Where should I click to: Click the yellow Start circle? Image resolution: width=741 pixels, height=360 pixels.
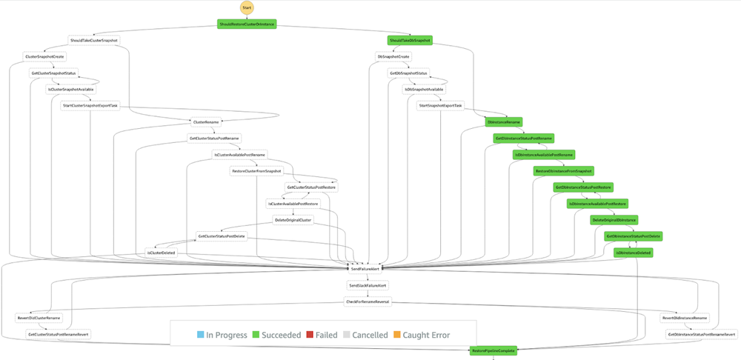pyautogui.click(x=246, y=8)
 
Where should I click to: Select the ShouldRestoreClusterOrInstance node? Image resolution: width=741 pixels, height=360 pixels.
pyautogui.click(x=247, y=24)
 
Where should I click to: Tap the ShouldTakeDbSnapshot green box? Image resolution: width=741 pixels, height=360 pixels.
pyautogui.click(x=410, y=40)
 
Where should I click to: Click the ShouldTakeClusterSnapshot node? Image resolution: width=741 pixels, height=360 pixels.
pyautogui.click(x=93, y=40)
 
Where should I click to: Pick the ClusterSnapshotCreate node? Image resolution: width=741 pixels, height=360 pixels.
pyautogui.click(x=44, y=56)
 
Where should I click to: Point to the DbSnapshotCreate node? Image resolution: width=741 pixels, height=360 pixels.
pyautogui.click(x=393, y=56)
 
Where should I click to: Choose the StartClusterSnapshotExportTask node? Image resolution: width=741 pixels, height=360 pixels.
pyautogui.click(x=90, y=105)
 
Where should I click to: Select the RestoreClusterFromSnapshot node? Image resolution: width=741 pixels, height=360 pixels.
pyautogui.click(x=256, y=170)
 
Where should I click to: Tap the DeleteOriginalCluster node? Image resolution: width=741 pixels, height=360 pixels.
pyautogui.click(x=294, y=220)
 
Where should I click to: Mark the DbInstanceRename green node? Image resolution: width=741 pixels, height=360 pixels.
pyautogui.click(x=504, y=121)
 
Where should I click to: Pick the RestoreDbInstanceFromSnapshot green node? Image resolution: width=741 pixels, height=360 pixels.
pyautogui.click(x=563, y=170)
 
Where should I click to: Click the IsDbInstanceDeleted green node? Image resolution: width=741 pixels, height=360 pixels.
pyautogui.click(x=634, y=253)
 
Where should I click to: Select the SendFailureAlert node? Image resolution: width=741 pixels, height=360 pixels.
pyautogui.click(x=365, y=269)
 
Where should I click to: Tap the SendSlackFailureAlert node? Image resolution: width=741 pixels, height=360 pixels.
pyautogui.click(x=368, y=285)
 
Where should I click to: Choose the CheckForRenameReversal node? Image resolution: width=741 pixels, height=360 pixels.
pyautogui.click(x=368, y=301)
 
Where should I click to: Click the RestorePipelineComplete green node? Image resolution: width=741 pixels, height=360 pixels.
pyautogui.click(x=493, y=350)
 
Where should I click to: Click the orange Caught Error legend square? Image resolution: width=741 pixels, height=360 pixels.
pyautogui.click(x=397, y=335)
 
